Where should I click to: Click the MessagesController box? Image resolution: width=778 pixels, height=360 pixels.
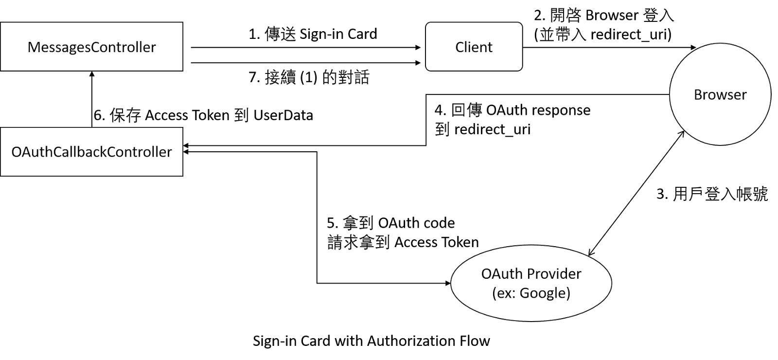pos(91,47)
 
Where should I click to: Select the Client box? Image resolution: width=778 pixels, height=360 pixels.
pos(474,47)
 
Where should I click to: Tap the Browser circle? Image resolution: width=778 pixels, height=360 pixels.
pos(720,95)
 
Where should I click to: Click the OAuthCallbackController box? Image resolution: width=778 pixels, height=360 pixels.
pos(91,152)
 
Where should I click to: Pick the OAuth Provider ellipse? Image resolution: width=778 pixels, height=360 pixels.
pos(531,283)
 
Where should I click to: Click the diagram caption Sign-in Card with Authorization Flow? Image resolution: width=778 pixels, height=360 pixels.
pos(371,341)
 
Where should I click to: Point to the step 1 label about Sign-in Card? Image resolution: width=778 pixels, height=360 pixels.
pos(313,34)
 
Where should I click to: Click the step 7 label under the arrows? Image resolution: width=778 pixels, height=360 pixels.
pos(309,77)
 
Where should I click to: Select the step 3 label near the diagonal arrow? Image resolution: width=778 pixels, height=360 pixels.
pos(712,194)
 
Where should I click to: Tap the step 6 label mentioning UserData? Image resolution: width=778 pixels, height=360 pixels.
pos(203,115)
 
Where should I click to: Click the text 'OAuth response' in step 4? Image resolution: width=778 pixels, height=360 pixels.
pos(538,110)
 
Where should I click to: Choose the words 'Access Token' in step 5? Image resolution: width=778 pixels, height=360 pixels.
pos(437,242)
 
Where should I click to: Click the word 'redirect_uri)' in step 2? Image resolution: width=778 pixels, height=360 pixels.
pos(631,35)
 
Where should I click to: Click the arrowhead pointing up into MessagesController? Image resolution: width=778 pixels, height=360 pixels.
pos(92,74)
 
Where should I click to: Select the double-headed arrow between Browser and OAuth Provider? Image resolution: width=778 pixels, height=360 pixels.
pos(636,194)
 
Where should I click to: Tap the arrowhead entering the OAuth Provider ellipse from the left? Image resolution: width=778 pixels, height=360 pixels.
pos(447,283)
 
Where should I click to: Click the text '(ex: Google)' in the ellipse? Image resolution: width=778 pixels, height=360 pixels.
pos(531,293)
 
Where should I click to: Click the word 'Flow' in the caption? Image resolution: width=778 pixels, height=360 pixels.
pos(476,341)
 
